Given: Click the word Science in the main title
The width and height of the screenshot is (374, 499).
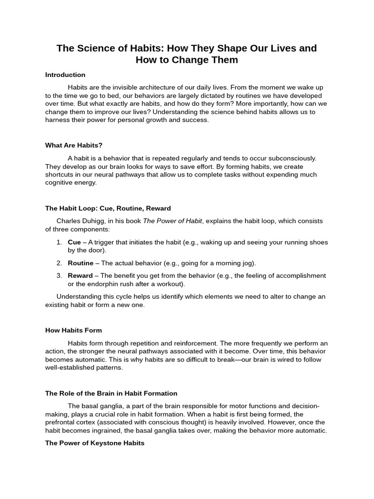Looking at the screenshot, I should click(95, 48).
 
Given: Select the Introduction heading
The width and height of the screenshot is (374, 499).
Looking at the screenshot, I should click(65, 75).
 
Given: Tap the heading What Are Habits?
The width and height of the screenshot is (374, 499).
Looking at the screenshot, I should click(74, 145).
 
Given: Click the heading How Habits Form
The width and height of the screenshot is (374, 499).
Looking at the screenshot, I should click(74, 330).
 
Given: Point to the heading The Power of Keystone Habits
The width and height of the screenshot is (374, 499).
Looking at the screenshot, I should click(95, 443).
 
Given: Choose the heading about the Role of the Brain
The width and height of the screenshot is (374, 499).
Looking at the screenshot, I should click(111, 393).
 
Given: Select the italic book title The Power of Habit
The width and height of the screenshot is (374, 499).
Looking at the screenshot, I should click(172, 221).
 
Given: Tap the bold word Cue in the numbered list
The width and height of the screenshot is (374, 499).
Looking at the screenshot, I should click(74, 242).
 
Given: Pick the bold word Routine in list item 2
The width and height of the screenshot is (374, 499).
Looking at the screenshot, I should click(80, 263).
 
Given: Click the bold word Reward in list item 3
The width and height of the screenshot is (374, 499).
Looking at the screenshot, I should click(80, 275).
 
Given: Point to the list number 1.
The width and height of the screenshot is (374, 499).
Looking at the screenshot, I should click(58, 242).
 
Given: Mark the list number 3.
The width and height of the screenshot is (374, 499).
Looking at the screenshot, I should click(58, 275).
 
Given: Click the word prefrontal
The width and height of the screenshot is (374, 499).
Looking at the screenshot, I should click(61, 422).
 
